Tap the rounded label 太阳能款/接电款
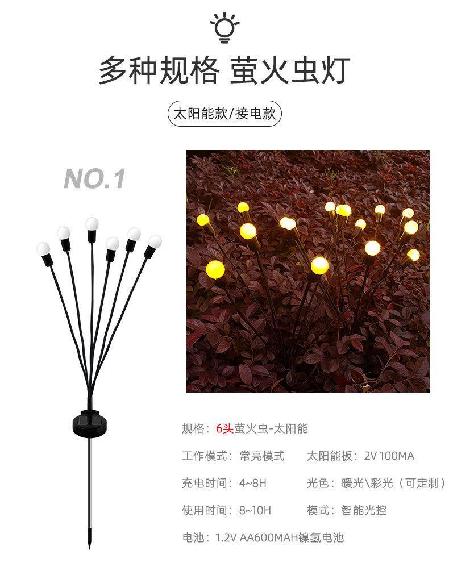(224, 114)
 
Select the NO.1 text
(94, 178)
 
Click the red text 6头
(224, 429)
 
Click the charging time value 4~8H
(253, 484)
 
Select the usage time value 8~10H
(255, 511)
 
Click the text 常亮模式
(262, 456)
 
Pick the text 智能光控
(364, 511)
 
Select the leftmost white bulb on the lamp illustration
(44, 249)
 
